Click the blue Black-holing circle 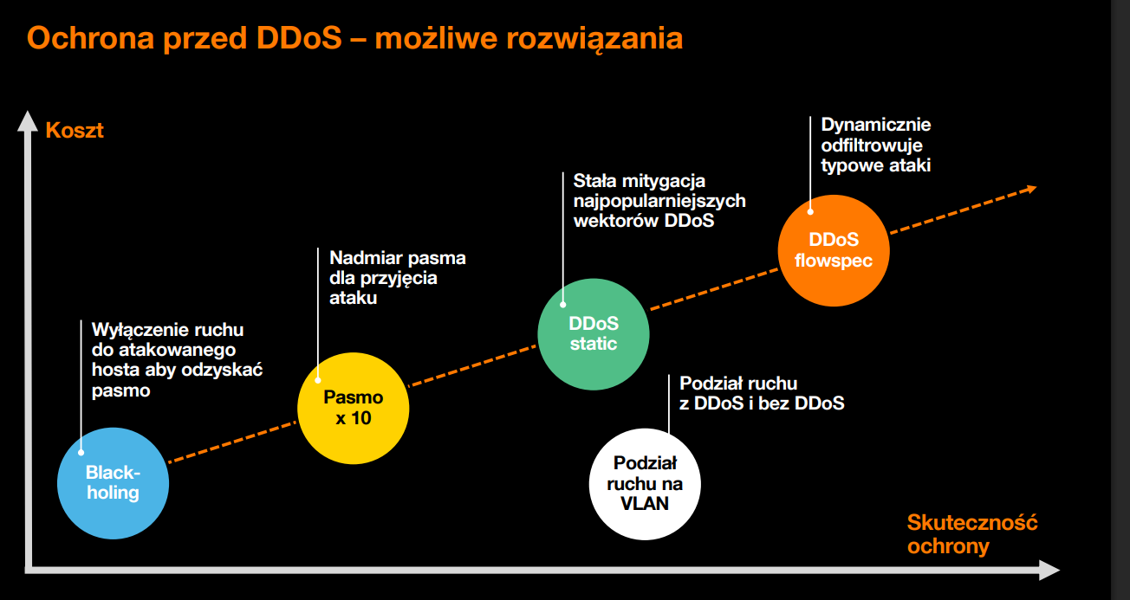112,483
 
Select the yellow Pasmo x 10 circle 353,409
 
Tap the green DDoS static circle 594,333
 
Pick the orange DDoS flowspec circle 833,249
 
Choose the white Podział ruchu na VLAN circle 645,483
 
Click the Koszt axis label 75,131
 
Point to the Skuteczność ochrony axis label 971,534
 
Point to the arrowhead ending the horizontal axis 1049,570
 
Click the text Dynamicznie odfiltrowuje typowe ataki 876,145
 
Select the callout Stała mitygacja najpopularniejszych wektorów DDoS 659,201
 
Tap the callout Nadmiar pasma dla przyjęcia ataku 397,278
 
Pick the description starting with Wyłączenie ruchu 177,360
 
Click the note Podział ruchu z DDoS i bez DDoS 762,393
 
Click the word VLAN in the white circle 645,503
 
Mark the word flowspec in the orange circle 833,260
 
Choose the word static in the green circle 594,344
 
